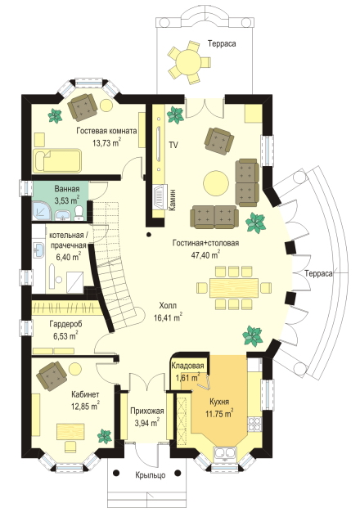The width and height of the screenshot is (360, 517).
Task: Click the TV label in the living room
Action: click(173, 145)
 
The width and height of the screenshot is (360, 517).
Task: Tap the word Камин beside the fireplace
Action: click(173, 200)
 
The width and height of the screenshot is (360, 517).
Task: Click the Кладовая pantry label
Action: click(187, 366)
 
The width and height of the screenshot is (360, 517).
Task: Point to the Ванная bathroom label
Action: click(67, 189)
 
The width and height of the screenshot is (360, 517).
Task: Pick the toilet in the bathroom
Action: click(79, 214)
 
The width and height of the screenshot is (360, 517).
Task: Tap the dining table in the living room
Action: click(234, 287)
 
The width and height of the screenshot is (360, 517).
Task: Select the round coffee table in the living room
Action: click(216, 183)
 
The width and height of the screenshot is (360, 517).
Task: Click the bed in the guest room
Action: click(57, 161)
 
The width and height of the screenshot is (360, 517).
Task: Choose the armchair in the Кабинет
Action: click(52, 375)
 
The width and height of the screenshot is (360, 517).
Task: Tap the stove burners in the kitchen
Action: click(254, 424)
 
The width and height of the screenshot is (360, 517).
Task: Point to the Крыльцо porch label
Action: click(151, 475)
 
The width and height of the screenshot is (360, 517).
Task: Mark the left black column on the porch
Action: click(116, 473)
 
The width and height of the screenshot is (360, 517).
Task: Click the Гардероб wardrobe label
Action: click(65, 324)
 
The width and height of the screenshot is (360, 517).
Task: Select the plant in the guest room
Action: click(55, 115)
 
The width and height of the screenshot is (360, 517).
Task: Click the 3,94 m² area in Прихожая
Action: click(147, 422)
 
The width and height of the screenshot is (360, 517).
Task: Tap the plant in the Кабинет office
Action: click(105, 436)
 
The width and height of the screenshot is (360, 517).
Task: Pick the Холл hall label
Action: click(168, 306)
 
